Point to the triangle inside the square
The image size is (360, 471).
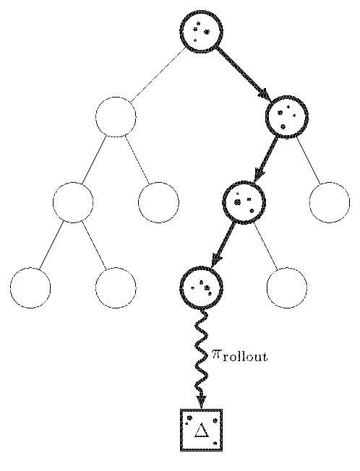pyautogui.click(x=201, y=430)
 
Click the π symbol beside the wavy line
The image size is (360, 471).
pyautogui.click(x=216, y=355)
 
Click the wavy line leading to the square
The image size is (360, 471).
pyautogui.click(x=202, y=358)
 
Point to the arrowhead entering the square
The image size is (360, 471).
pyautogui.click(x=201, y=402)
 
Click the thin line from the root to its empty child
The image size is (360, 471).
pyautogui.click(x=158, y=75)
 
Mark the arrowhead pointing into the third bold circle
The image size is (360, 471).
pyautogui.click(x=259, y=176)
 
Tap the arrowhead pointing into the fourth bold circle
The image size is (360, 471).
pyautogui.click(x=216, y=261)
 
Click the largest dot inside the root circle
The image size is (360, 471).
pyautogui.click(x=207, y=32)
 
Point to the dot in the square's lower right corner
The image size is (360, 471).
pyautogui.click(x=215, y=443)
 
